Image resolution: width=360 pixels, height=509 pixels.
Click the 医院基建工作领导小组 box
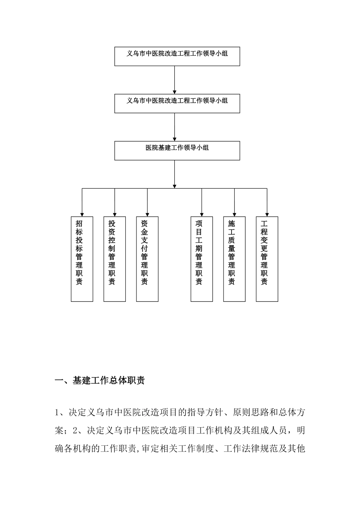pos(177,150)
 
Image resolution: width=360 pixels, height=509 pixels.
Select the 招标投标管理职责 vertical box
pos(82,259)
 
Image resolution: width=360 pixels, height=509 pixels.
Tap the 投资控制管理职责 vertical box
pos(114,259)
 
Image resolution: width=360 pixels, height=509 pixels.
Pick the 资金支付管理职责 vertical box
pos(147,259)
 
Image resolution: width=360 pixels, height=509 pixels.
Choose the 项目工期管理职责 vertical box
pos(202,259)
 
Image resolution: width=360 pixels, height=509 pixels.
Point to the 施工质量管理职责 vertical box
pos(234,259)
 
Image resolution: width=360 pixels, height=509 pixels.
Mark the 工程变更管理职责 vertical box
pos(267,259)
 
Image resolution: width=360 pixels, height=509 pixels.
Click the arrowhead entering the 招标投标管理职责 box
pos(82,214)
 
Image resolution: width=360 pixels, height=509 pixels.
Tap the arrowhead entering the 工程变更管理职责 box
pos(267,214)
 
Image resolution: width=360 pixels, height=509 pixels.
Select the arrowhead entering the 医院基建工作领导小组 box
pos(174,139)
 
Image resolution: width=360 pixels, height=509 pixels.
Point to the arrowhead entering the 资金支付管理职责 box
pos(147,214)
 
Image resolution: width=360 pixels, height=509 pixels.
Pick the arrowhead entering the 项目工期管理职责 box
pos(202,214)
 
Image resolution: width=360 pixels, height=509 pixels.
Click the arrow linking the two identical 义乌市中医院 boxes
pos(174,80)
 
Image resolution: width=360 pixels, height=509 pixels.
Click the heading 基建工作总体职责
pos(108,381)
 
